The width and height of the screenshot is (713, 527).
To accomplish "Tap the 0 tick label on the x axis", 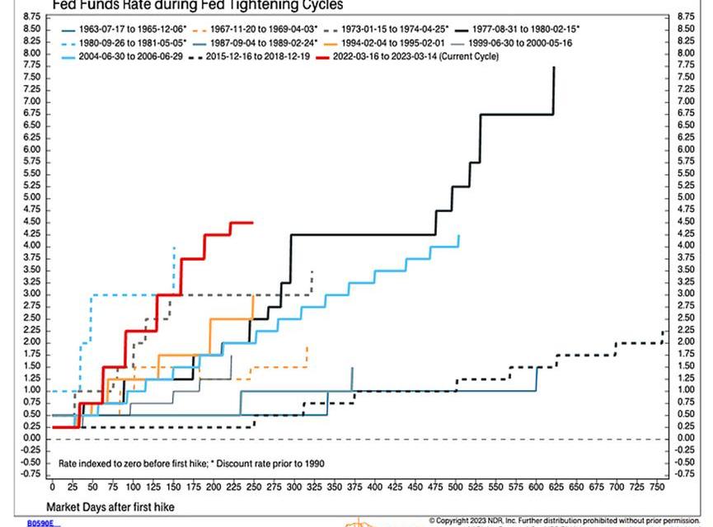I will (x=52, y=487).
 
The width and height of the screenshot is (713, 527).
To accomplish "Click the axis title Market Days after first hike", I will (x=110, y=506).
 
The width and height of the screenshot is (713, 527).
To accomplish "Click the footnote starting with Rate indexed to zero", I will (x=190, y=464).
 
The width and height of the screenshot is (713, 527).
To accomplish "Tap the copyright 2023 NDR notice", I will (x=569, y=520).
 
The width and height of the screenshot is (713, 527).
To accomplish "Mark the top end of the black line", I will (x=554, y=67).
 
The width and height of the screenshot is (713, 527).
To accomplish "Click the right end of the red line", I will (x=252, y=222).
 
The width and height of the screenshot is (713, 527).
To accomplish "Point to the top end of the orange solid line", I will (x=252, y=294).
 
